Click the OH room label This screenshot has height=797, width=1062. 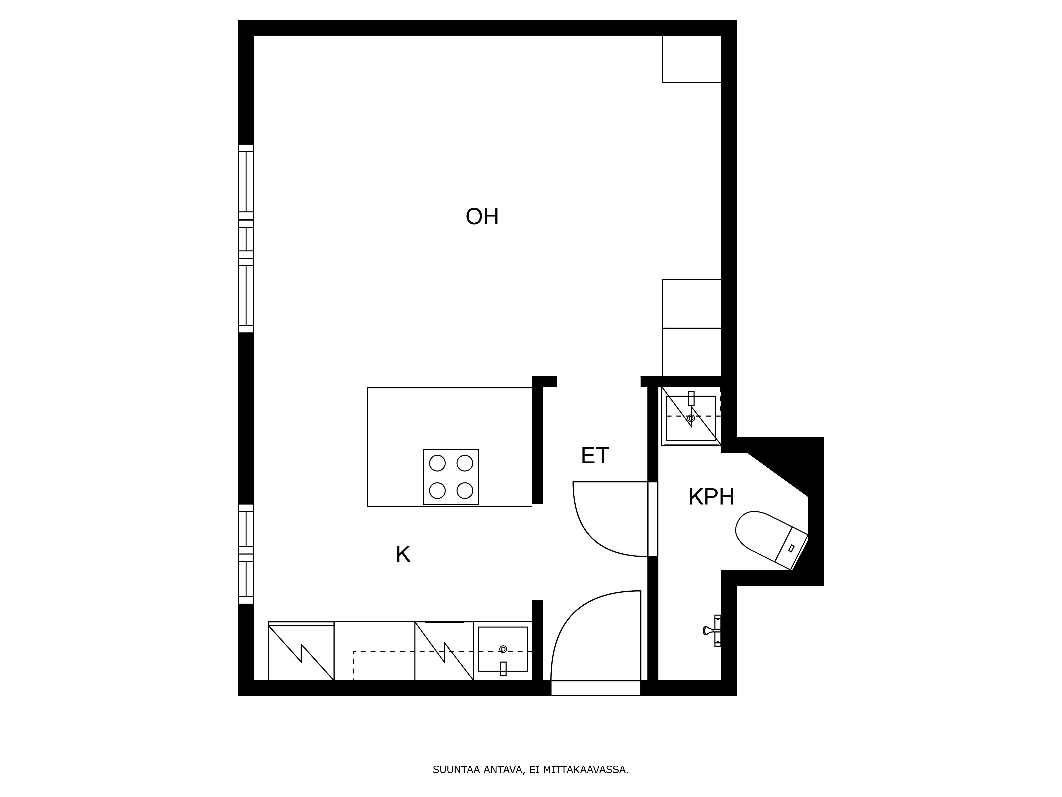pyautogui.click(x=482, y=217)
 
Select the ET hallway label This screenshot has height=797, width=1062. pyautogui.click(x=595, y=456)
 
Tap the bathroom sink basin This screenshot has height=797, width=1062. pyautogui.click(x=691, y=418)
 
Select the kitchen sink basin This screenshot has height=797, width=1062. pyautogui.click(x=503, y=649)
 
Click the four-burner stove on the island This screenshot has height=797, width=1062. pyautogui.click(x=451, y=477)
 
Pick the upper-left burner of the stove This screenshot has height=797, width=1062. pyautogui.click(x=437, y=463)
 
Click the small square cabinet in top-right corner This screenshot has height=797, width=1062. pyautogui.click(x=691, y=59)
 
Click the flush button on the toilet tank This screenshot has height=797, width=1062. pyautogui.click(x=791, y=548)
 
